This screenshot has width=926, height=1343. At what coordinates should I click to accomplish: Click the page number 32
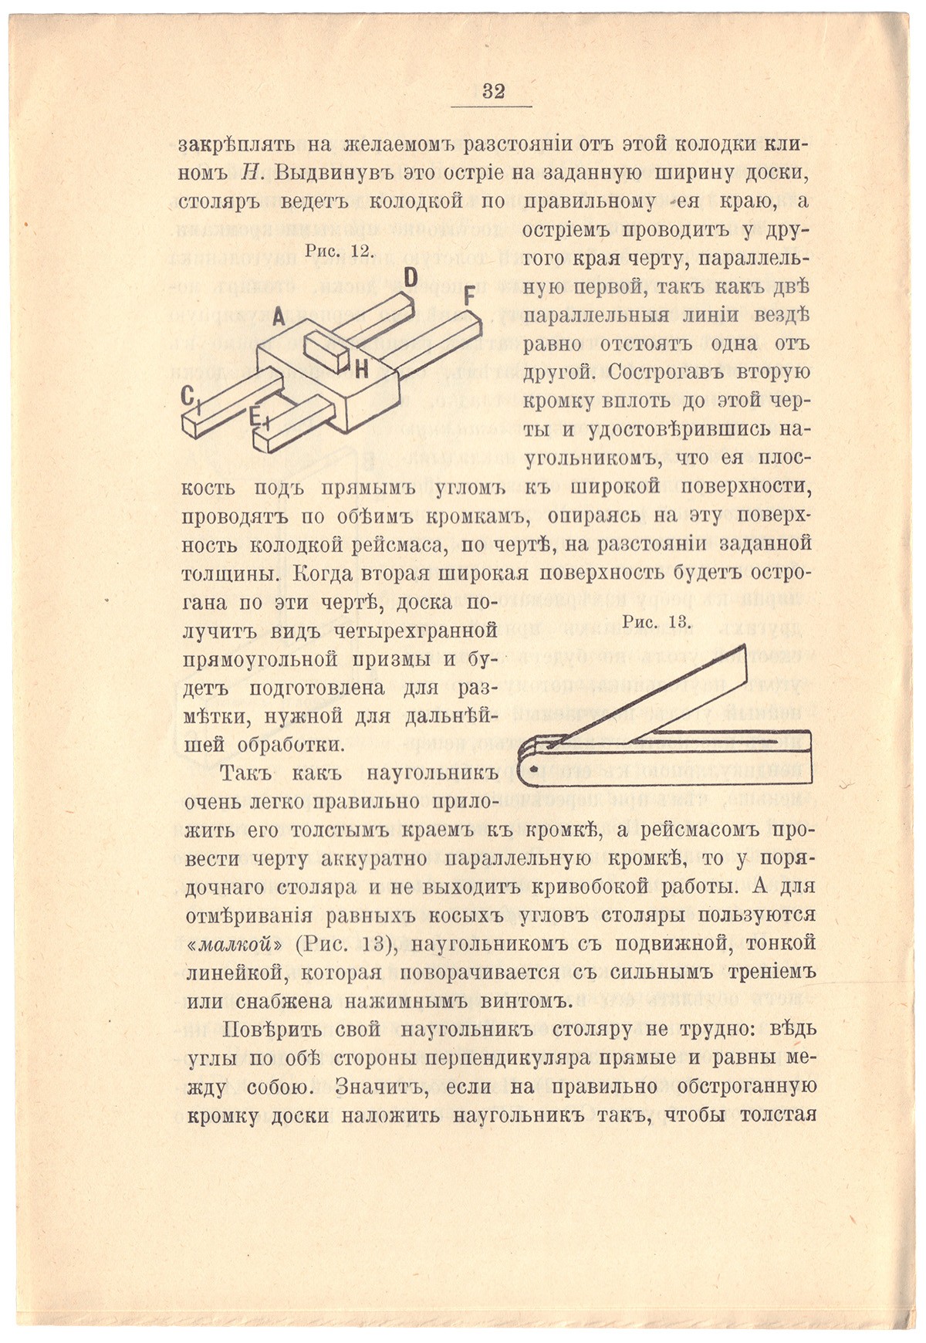coord(493,91)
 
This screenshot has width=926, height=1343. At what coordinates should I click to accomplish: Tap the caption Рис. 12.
coord(340,251)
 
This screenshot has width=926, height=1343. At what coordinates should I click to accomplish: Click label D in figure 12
coord(411,278)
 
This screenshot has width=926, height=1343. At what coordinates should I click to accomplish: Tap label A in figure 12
coord(279,317)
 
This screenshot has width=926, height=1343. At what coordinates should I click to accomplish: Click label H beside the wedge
coord(361,369)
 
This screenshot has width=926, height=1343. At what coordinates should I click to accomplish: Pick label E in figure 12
coord(254,417)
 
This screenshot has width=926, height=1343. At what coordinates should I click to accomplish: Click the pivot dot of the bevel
coord(535,768)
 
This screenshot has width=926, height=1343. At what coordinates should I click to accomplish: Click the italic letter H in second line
coord(248,174)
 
